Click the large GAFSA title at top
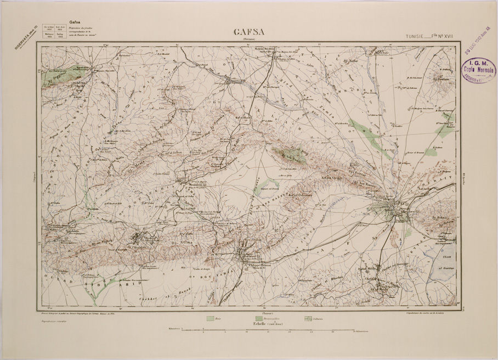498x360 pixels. (x=249, y=32)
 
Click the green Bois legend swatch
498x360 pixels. (x=210, y=318)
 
